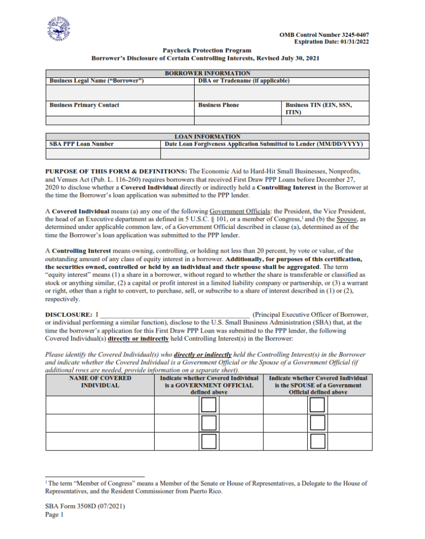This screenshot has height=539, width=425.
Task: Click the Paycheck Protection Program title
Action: pyautogui.click(x=207, y=51)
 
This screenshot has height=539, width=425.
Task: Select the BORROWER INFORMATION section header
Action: pyautogui.click(x=207, y=73)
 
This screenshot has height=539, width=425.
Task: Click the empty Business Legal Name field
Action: pyautogui.click(x=120, y=93)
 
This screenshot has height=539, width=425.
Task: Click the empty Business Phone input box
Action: pyautogui.click(x=238, y=121)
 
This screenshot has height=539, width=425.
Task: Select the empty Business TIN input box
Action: pyautogui.click(x=325, y=121)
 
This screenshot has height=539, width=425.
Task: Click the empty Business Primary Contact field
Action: pyautogui.click(x=120, y=121)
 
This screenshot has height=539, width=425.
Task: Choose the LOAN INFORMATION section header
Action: pyautogui.click(x=207, y=136)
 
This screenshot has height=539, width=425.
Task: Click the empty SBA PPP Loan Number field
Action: pyautogui.click(x=103, y=154)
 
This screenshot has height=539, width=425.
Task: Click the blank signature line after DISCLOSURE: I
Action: pyautogui.click(x=175, y=314)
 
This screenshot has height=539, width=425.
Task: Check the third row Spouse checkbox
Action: pyautogui.click(x=317, y=441)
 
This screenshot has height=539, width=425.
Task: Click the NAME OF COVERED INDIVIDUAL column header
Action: pyautogui.click(x=100, y=382)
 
